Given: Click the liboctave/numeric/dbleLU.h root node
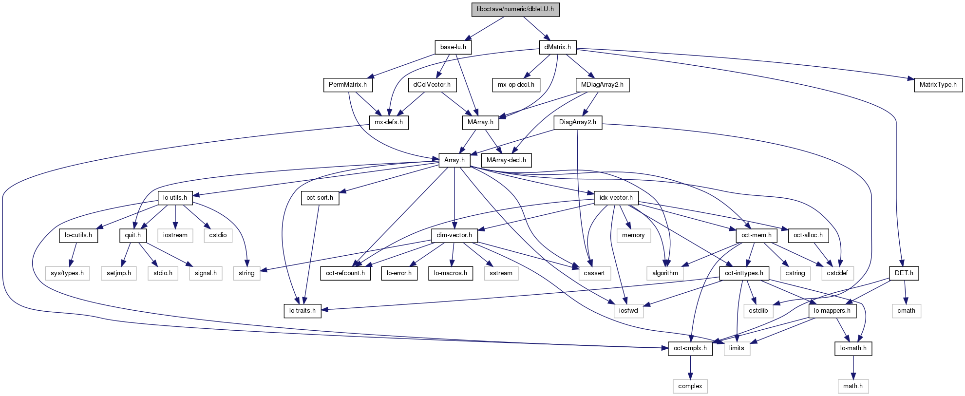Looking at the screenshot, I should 515,9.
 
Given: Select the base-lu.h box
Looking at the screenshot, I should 453,47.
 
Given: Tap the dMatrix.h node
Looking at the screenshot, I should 558,47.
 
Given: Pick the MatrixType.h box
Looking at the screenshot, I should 938,85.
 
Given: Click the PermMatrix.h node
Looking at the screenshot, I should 347,85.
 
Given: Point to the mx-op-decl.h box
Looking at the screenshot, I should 516,85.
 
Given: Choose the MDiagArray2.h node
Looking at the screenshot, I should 602,85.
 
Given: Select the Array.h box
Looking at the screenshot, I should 454,160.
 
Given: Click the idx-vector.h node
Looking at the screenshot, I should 616,198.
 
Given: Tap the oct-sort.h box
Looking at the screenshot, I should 320,198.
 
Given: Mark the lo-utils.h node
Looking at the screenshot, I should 175,198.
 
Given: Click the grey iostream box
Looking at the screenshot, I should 175,235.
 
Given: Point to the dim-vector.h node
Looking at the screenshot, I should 454,235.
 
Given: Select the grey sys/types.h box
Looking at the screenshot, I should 67,273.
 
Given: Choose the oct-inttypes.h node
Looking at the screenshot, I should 744,273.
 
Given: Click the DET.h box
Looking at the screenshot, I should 904,273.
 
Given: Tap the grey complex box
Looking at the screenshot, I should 690,386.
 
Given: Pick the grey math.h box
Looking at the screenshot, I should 852,386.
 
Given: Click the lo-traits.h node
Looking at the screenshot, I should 302,311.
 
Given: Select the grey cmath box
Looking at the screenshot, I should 906,311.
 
